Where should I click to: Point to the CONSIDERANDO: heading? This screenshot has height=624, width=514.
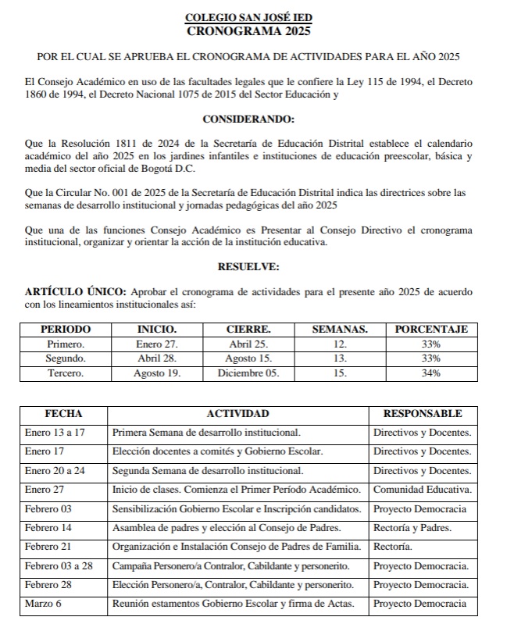[x=248, y=119]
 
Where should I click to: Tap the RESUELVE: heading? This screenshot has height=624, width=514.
[x=248, y=266]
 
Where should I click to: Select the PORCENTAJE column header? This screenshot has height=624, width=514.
[x=431, y=330]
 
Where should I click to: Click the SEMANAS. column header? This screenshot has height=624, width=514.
[x=340, y=330]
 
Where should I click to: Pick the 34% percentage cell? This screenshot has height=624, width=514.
[x=431, y=373]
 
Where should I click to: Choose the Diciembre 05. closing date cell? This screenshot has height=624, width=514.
[x=248, y=373]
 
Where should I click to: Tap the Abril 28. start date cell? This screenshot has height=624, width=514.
[x=157, y=358]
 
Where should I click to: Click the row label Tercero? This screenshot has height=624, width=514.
[x=66, y=373]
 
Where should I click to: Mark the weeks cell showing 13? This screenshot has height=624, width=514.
[x=340, y=358]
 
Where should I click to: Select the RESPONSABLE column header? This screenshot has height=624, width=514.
[x=423, y=413]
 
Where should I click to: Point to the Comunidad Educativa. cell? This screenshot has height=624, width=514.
[x=423, y=490]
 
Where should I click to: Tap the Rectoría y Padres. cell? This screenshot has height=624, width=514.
[x=412, y=528]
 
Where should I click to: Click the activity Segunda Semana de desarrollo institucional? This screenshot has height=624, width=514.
[x=208, y=471]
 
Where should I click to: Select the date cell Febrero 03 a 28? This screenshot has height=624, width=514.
[x=59, y=565]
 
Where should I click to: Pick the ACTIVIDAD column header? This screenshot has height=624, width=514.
[x=237, y=413]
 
